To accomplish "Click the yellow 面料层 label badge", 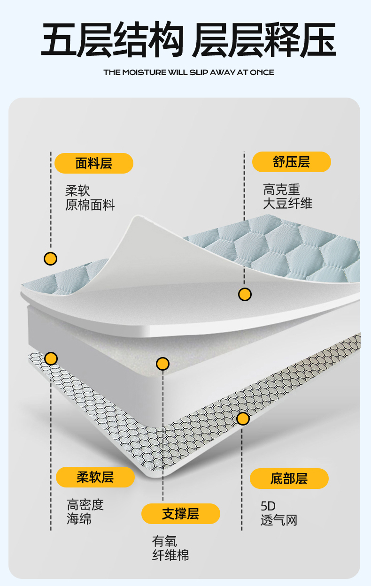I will click(93, 163).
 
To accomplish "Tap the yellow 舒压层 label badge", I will click(291, 162).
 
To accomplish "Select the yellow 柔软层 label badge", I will click(95, 477).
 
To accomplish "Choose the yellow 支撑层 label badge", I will click(180, 514).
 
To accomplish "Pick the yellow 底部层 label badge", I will click(289, 479).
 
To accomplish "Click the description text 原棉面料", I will click(90, 205).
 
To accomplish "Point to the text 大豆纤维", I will click(287, 203).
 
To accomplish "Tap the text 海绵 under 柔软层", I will click(79, 519).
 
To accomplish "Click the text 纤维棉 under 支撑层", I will click(170, 556).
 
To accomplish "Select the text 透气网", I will click(279, 520).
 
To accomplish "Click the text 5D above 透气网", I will click(268, 506).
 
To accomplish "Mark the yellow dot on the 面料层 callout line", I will click(50, 259).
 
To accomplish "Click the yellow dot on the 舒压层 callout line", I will click(245, 294).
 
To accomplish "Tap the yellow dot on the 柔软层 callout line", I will click(51, 358).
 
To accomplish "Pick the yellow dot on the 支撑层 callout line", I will click(162, 364).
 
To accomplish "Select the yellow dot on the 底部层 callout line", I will click(243, 419).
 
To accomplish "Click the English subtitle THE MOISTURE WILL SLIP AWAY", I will click(189, 72).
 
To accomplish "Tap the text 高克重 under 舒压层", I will click(281, 190).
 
